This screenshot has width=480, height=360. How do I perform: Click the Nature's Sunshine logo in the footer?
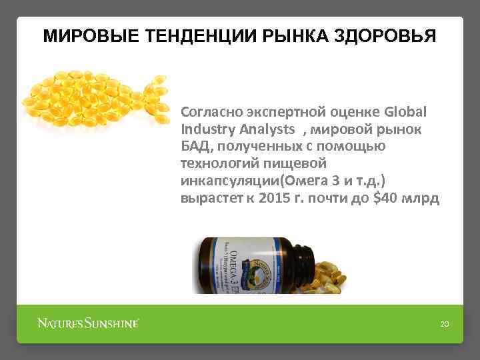pyautogui.click(x=88, y=324)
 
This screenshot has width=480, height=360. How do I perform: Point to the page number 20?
pyautogui.click(x=445, y=325)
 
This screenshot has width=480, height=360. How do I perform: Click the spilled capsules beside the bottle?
pyautogui.click(x=330, y=277)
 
